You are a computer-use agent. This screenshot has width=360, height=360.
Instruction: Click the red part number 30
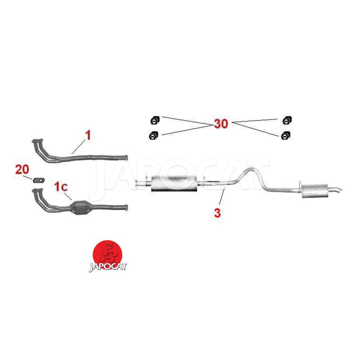click(221, 123)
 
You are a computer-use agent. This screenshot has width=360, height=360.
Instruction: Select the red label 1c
click(61, 186)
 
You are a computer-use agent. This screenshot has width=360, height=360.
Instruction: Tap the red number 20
click(22, 170)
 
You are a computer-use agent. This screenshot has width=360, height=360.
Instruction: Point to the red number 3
click(217, 213)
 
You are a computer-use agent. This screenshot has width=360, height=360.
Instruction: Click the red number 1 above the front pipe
click(88, 135)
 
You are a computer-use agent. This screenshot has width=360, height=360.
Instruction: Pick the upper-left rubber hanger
click(155, 120)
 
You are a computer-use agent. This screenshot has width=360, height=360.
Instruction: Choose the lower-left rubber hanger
click(153, 135)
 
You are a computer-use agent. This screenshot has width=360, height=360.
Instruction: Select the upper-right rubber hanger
click(287, 120)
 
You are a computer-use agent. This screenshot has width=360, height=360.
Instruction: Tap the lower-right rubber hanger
click(286, 135)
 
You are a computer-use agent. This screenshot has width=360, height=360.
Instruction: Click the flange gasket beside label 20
click(39, 180)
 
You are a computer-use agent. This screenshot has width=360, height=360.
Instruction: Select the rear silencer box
click(315, 191)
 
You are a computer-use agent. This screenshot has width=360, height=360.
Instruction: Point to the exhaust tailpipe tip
click(339, 190)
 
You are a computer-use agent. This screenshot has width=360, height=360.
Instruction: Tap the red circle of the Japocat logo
click(107, 254)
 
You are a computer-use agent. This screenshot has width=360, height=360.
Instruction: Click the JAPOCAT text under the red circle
click(108, 267)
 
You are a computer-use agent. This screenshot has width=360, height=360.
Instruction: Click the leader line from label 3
click(222, 196)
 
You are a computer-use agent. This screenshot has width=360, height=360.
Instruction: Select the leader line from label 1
click(78, 148)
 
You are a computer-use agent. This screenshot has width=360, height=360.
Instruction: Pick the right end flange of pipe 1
click(126, 158)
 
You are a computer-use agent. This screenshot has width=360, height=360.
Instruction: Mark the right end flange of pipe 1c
click(126, 207)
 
